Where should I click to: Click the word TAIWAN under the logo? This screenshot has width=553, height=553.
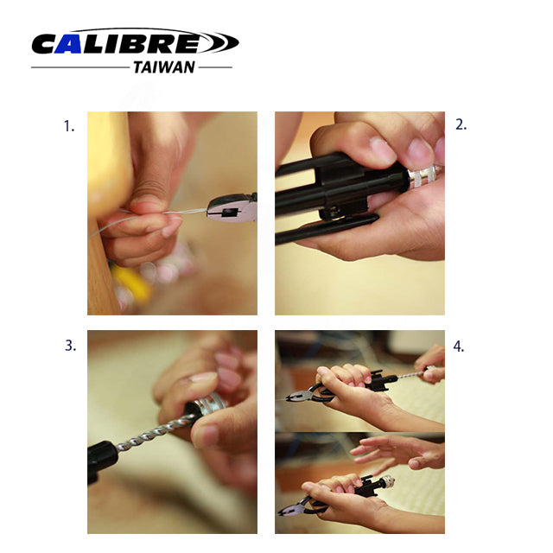pyautogui.click(x=164, y=67)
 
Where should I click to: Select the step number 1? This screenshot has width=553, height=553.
pyautogui.click(x=69, y=126)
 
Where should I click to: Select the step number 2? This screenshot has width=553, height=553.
pyautogui.click(x=461, y=124)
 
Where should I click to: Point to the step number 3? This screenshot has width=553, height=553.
pyautogui.click(x=70, y=346)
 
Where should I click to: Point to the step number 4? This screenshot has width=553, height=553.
pyautogui.click(x=459, y=346)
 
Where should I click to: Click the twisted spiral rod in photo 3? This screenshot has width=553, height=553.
pyautogui.click(x=156, y=433)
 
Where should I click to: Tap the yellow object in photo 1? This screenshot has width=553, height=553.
pyautogui.click(x=130, y=283)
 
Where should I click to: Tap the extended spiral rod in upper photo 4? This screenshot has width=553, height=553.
pyautogui.click(x=413, y=374)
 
